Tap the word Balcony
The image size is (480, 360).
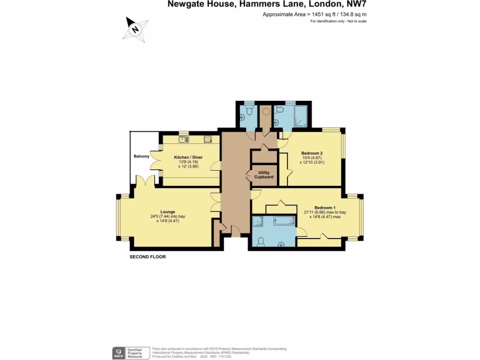141,156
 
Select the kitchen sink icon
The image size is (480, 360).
183,138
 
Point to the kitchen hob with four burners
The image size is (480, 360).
208,138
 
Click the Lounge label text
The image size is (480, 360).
168,212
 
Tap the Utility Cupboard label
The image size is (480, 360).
263,175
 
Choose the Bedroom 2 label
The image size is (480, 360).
312,153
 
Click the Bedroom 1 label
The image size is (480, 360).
325,208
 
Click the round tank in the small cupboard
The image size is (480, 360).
266,112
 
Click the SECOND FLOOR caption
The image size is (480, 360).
148,257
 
